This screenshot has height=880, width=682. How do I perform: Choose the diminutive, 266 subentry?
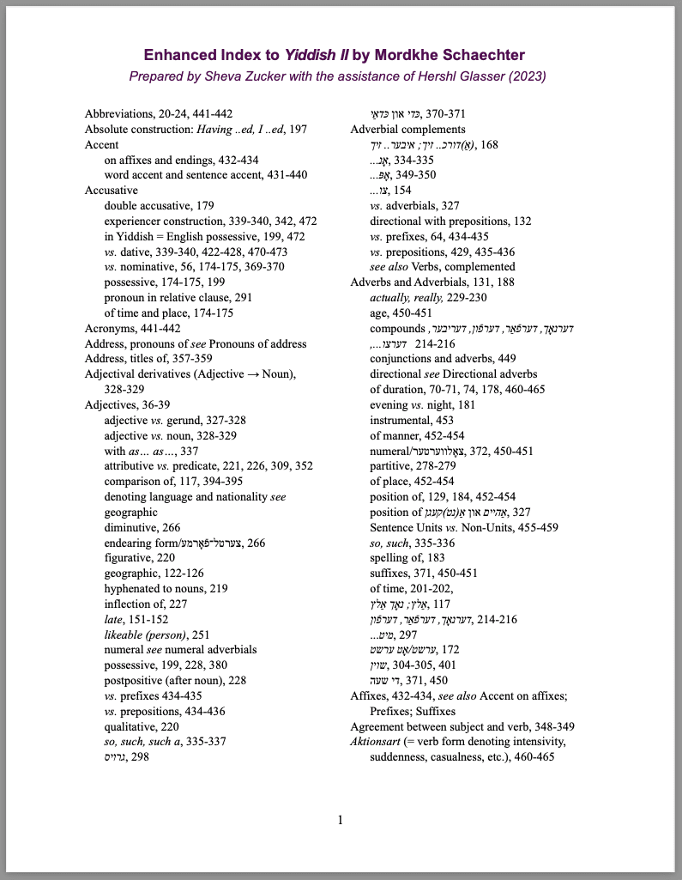click(x=142, y=528)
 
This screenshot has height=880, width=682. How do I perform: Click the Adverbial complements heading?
click(x=407, y=130)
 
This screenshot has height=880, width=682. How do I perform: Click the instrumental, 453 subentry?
click(x=412, y=421)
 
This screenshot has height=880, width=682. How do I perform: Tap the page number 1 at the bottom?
click(x=341, y=821)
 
